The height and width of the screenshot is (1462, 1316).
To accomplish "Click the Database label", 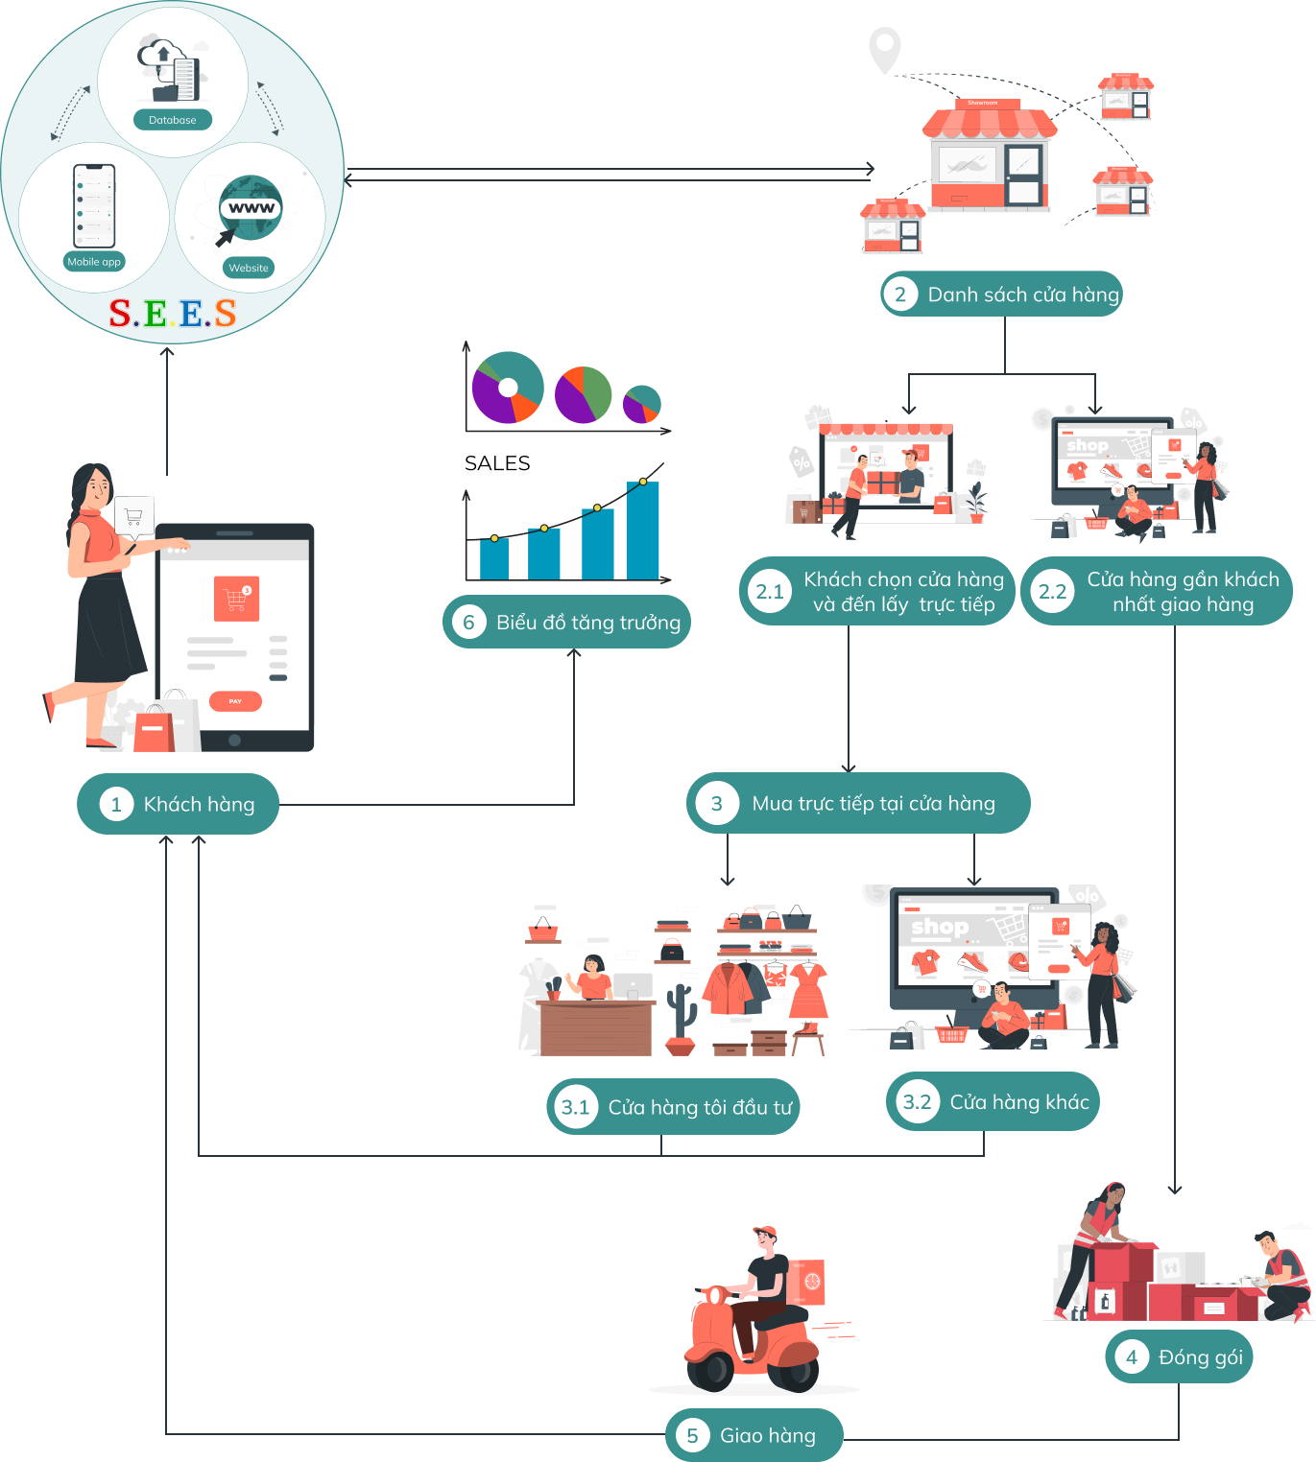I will tap(173, 120).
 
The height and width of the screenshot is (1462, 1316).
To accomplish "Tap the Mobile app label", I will tap(94, 262).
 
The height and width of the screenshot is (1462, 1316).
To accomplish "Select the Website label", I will tap(249, 268).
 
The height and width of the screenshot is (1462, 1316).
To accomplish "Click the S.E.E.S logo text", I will tap(173, 313).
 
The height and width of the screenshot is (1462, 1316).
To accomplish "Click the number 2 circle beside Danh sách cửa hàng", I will tap(900, 295).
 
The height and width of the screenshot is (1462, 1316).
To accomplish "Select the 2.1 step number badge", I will tap(770, 592).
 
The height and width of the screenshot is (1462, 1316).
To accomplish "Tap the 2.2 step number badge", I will tap(1052, 592).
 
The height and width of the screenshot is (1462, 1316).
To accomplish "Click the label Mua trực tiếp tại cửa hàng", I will tap(873, 804).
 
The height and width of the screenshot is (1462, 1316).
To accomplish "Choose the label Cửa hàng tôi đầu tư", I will tap(700, 1107).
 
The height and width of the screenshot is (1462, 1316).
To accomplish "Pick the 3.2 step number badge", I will tap(917, 1102).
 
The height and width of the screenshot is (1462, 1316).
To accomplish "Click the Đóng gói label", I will tap(1200, 1356).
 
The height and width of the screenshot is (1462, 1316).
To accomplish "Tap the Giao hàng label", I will tap(767, 1435).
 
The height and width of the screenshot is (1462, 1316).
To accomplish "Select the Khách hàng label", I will tap(199, 804).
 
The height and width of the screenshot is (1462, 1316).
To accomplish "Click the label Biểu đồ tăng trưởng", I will tap(587, 623).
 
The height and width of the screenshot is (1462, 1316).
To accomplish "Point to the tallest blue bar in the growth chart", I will tap(643, 531).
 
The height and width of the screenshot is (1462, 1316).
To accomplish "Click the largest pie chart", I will tap(508, 388).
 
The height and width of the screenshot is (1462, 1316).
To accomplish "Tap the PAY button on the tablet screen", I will tap(235, 701).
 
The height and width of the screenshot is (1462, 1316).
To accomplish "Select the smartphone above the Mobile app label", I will tap(94, 205).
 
